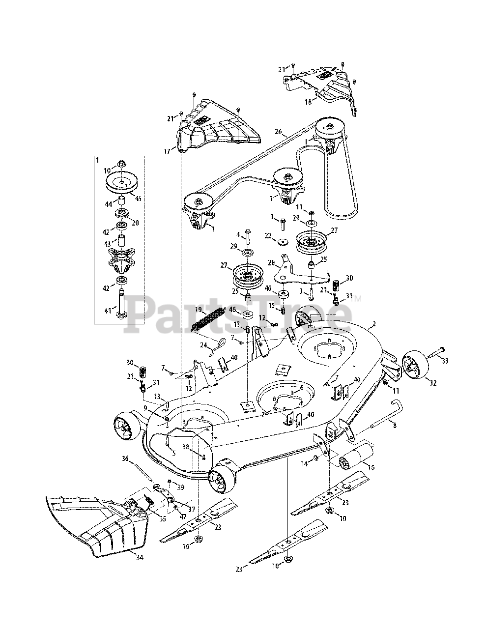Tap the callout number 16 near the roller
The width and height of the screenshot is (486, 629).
pyautogui.click(x=372, y=467)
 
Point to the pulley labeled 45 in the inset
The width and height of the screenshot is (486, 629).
pyautogui.click(x=120, y=182)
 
